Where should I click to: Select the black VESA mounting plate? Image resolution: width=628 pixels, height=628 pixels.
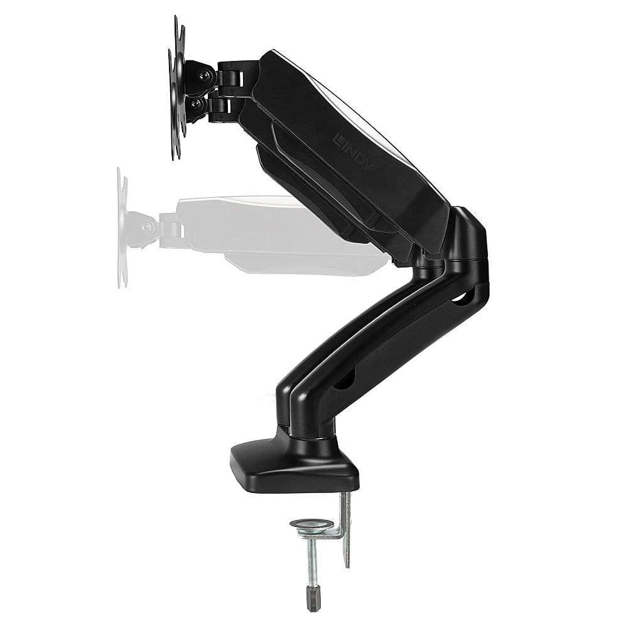(x=176, y=88)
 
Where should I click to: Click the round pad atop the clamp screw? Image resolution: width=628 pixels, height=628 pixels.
(x=311, y=524)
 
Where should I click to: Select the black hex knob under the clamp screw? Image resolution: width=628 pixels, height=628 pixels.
(x=312, y=599)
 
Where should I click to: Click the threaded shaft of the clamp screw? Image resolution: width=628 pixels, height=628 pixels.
(x=311, y=562)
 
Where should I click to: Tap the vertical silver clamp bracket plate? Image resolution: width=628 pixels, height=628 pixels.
(x=345, y=528)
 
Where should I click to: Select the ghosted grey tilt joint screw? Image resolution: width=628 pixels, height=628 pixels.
(x=148, y=227)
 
